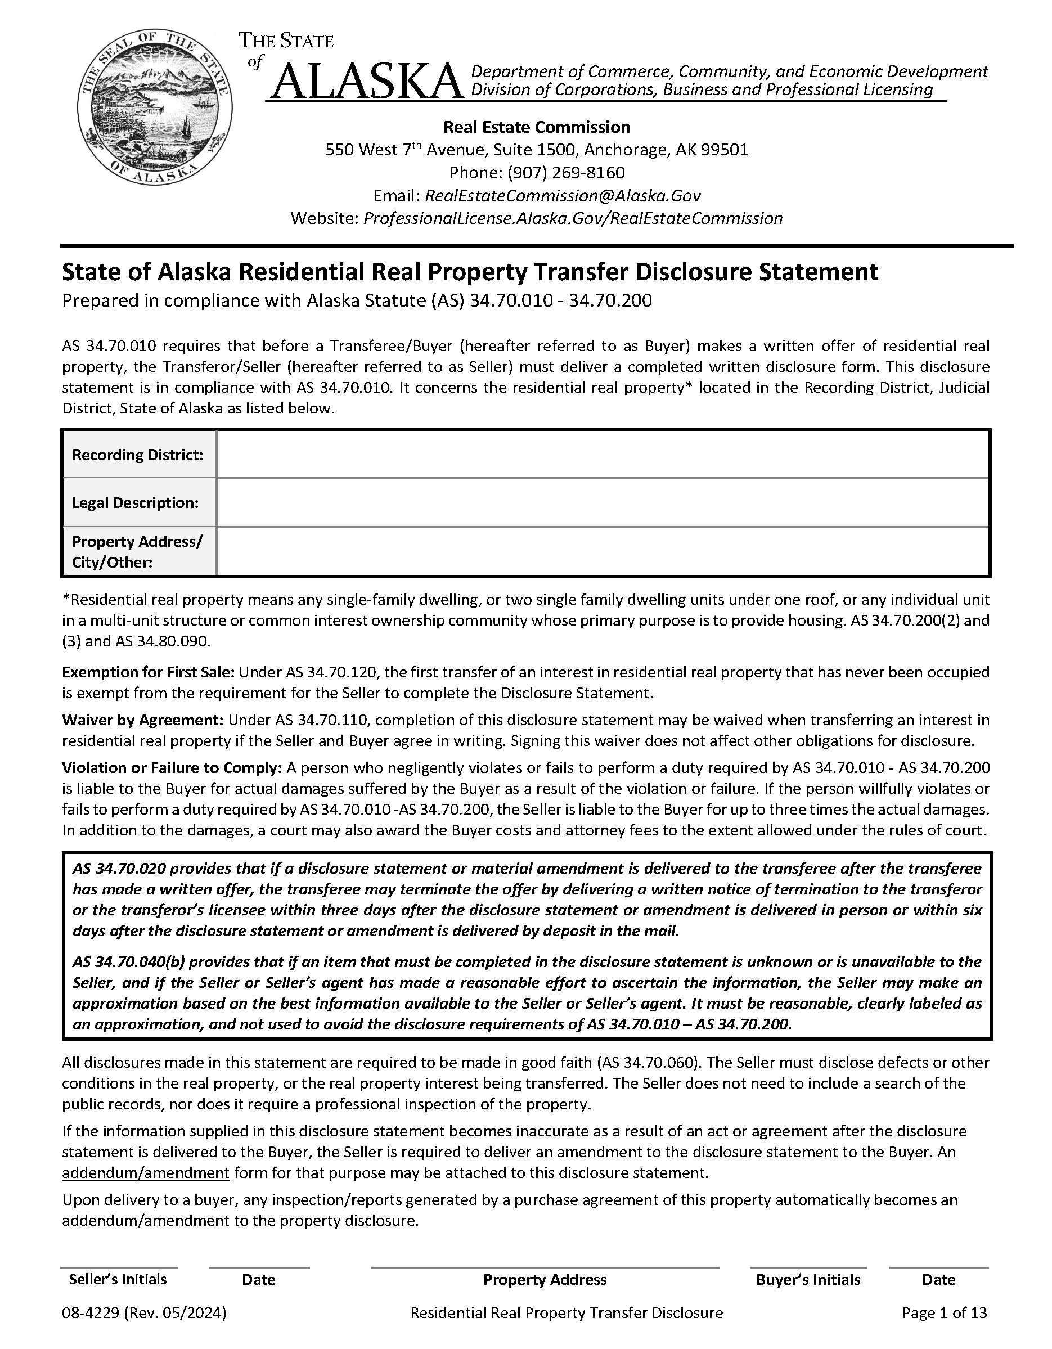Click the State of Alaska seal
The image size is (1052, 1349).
tap(155, 106)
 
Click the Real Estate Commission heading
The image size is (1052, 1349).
tap(537, 127)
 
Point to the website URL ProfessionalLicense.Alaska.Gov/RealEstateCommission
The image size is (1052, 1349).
tap(573, 219)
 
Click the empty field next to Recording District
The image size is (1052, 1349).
tap(603, 455)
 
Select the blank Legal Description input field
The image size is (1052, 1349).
tap(603, 502)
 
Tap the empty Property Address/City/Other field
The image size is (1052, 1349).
tap(603, 552)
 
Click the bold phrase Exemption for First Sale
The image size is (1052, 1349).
tap(149, 672)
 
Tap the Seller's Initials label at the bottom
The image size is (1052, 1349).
tap(118, 1279)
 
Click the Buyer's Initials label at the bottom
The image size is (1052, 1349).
tap(808, 1280)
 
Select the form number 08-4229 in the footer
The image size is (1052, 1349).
tap(90, 1313)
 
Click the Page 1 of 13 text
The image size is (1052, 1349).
tap(944, 1313)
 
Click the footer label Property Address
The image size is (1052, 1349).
tap(545, 1280)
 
